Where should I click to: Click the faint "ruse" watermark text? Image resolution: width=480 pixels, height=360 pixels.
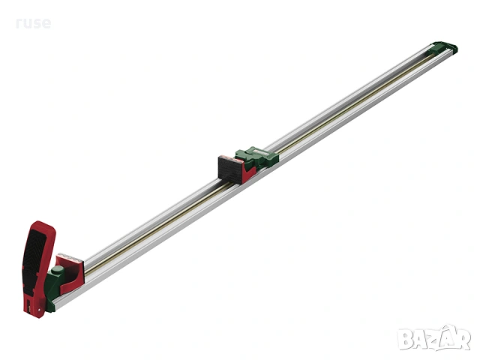click(33, 23)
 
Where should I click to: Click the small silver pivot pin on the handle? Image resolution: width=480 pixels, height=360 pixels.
click(38, 310)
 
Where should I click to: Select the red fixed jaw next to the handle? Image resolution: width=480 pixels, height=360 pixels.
click(70, 273)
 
